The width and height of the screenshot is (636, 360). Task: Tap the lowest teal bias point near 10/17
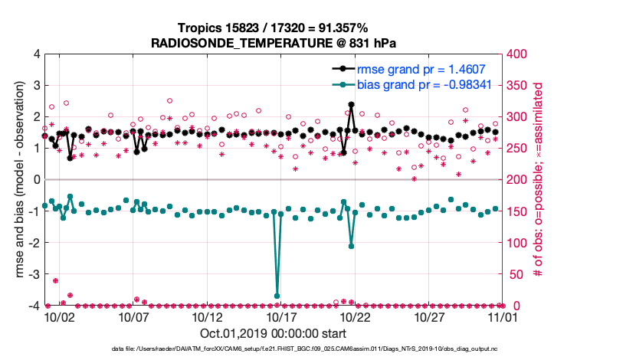pyautogui.click(x=277, y=296)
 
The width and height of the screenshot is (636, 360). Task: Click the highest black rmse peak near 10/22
pyautogui.click(x=351, y=104)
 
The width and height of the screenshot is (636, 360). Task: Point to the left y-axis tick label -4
pyautogui.click(x=34, y=306)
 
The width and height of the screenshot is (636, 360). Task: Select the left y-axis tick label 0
pyautogui.click(x=37, y=180)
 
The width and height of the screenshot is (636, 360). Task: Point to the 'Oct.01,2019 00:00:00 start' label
pyautogui.click(x=273, y=334)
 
